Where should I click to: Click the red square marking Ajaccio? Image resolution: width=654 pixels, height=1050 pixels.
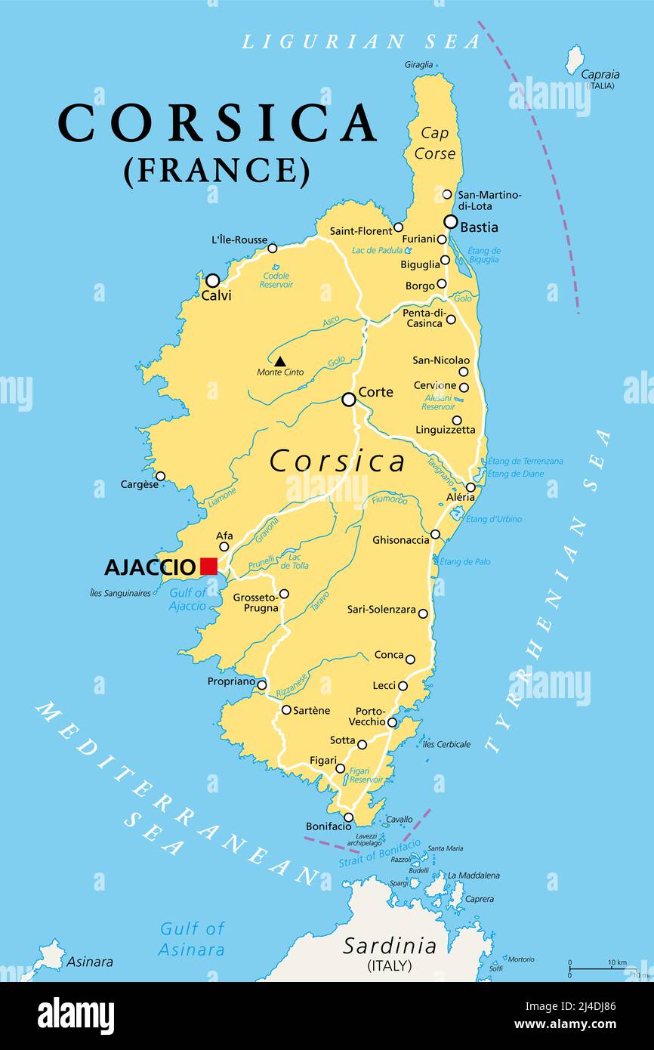click(x=208, y=566)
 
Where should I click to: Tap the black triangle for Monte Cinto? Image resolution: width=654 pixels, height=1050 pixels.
click(x=280, y=361)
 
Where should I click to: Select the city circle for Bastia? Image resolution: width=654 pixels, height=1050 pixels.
click(x=451, y=222)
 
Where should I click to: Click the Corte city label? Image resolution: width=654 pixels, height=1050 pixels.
click(x=375, y=392)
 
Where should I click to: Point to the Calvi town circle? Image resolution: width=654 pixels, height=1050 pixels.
click(x=213, y=280)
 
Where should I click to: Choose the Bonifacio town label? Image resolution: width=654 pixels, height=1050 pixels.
click(x=329, y=826)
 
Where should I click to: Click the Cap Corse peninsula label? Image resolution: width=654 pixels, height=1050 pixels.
click(x=435, y=144)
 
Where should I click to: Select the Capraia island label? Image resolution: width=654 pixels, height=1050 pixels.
click(x=600, y=75)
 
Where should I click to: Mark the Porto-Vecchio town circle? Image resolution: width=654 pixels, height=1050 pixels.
click(x=392, y=722)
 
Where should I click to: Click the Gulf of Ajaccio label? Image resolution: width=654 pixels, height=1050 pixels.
click(x=187, y=599)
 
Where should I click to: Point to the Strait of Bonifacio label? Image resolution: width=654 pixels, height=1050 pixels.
click(x=380, y=854)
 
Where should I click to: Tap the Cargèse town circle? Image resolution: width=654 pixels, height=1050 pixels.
click(x=160, y=476)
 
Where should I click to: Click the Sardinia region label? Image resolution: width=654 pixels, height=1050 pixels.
click(x=390, y=946)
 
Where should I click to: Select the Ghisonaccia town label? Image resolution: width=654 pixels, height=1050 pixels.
click(x=401, y=540)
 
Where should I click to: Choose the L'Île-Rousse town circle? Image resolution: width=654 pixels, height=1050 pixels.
click(x=273, y=248)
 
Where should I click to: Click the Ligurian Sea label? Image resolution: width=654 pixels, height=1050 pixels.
click(x=361, y=42)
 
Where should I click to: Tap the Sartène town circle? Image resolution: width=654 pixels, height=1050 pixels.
click(x=286, y=709)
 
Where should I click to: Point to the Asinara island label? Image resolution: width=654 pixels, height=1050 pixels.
click(x=90, y=962)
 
